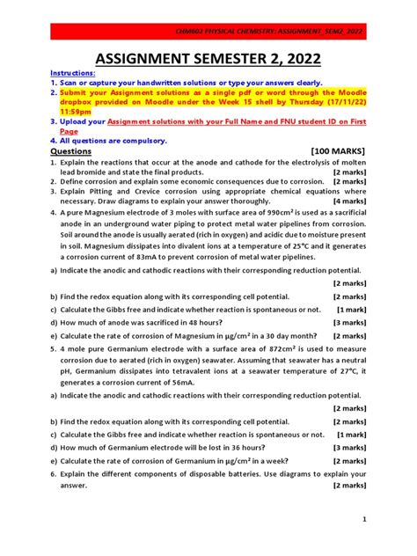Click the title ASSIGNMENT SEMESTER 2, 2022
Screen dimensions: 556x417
pyautogui.click(x=208, y=60)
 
